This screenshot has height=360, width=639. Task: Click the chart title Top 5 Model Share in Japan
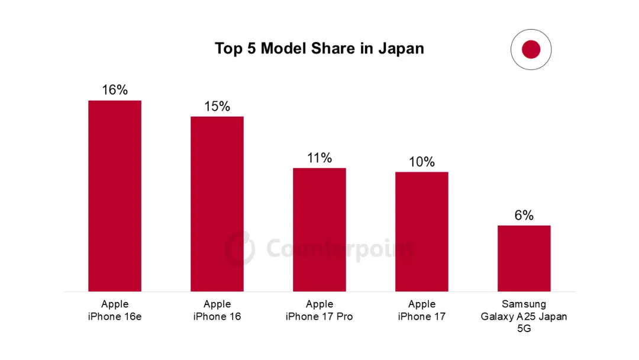coord(319,48)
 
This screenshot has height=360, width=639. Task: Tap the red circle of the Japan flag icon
coord(531,50)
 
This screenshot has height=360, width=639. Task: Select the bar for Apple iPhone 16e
coord(115,195)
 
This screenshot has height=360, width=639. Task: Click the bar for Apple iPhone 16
coord(217,204)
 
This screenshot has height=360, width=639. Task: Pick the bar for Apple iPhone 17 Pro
coord(319,230)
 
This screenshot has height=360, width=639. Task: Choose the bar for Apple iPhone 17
coord(422,232)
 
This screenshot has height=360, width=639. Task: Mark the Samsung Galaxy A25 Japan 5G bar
coord(524,258)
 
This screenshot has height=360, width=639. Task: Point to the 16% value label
coord(115,90)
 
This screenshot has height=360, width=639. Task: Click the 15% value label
coord(217,107)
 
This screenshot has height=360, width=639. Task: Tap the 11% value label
coord(319,158)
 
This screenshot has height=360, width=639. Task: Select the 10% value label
coord(422,162)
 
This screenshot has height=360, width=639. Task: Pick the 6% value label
coord(524,216)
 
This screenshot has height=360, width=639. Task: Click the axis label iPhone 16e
coord(115,317)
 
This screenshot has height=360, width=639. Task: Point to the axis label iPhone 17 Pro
coord(319,317)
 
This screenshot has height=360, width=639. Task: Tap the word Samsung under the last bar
coord(524,304)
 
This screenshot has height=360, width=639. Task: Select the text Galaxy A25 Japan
coord(524,317)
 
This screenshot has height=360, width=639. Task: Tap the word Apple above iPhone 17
coord(422,304)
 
